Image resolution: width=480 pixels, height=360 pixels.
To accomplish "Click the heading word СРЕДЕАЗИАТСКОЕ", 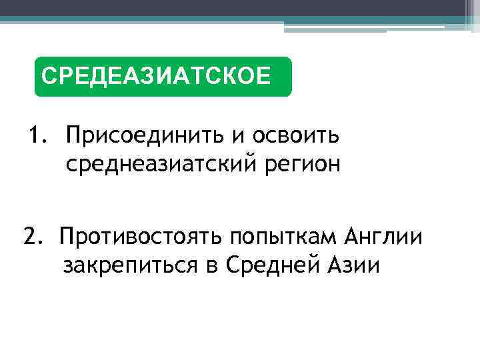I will pyautogui.click(x=156, y=75).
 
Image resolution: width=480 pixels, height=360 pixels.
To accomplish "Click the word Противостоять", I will pyautogui.click(x=141, y=237).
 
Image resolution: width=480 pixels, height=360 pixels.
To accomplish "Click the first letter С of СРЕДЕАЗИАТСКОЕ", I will pyautogui.click(x=47, y=75).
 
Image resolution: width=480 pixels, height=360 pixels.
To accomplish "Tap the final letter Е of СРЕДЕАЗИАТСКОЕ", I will pyautogui.click(x=264, y=75).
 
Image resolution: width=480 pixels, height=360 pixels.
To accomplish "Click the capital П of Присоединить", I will pyautogui.click(x=74, y=135).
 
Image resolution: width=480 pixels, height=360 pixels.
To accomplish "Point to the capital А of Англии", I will pyautogui.click(x=354, y=237).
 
